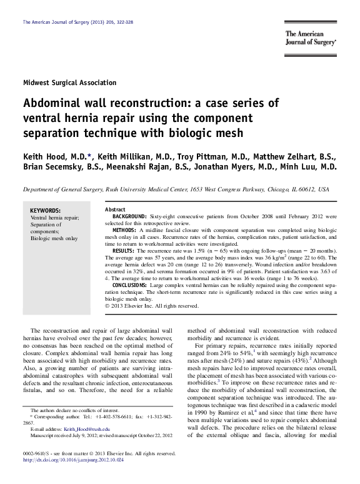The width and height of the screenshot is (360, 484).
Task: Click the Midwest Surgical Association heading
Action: [69, 83]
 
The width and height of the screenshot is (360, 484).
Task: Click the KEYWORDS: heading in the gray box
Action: [46, 211]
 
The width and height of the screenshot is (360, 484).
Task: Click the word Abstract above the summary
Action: [116, 208]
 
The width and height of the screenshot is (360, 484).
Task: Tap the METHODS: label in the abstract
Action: [125, 230]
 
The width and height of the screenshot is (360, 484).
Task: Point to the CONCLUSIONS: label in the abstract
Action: [132, 285]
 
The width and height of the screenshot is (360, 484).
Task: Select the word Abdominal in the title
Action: [56, 103]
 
